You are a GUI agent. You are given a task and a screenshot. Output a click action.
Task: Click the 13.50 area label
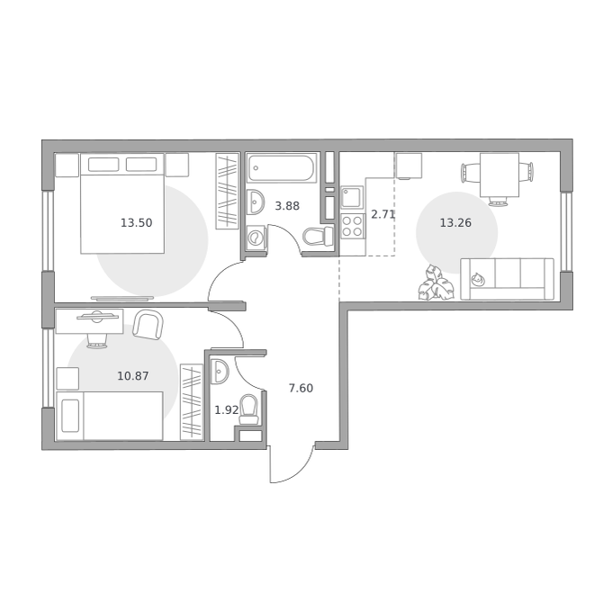point(136,223)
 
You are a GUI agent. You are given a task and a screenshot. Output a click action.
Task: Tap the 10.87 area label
point(133,376)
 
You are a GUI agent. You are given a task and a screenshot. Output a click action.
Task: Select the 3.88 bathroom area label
point(287,206)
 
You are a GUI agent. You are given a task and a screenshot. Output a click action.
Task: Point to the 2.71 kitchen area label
point(383,214)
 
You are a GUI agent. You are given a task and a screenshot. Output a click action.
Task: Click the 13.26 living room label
point(455,223)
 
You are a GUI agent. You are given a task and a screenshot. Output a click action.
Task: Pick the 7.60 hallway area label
point(301,388)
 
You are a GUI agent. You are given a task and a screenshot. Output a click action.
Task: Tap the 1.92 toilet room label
point(227,410)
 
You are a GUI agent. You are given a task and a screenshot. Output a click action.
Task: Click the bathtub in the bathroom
point(283,168)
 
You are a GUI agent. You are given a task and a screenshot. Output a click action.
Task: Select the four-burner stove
point(352,226)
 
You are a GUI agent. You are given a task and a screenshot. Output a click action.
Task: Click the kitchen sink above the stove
point(352,197)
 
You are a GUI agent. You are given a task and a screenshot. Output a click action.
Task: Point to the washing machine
point(256,238)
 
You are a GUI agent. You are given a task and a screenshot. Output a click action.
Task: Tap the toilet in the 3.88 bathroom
point(318,237)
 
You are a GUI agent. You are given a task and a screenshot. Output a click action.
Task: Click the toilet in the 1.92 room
point(249,409)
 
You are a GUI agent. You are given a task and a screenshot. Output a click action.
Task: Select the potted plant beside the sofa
point(436,283)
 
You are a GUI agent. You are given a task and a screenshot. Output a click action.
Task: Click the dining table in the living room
point(499,175)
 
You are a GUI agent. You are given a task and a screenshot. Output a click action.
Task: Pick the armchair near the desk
point(148,325)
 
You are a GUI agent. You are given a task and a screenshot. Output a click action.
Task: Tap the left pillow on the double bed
point(103,165)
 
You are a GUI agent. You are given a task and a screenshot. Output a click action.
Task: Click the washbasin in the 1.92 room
point(220,372)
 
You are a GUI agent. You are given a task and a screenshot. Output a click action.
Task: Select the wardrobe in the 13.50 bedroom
point(227,191)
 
